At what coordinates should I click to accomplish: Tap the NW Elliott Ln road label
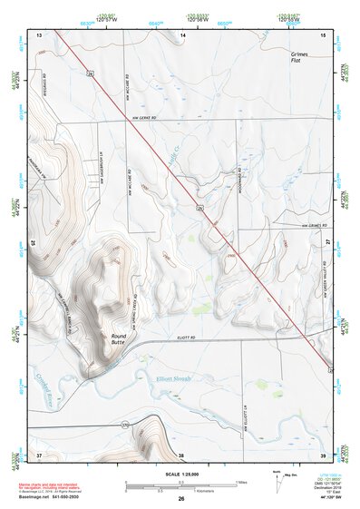click(x=244, y=426)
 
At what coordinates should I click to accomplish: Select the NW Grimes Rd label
click(x=309, y=226)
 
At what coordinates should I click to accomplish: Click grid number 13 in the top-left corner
click(x=39, y=34)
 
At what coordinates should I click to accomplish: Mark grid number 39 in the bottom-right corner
click(x=323, y=454)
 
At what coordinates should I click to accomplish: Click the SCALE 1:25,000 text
click(x=180, y=475)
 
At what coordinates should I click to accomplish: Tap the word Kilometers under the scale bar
click(x=185, y=492)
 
